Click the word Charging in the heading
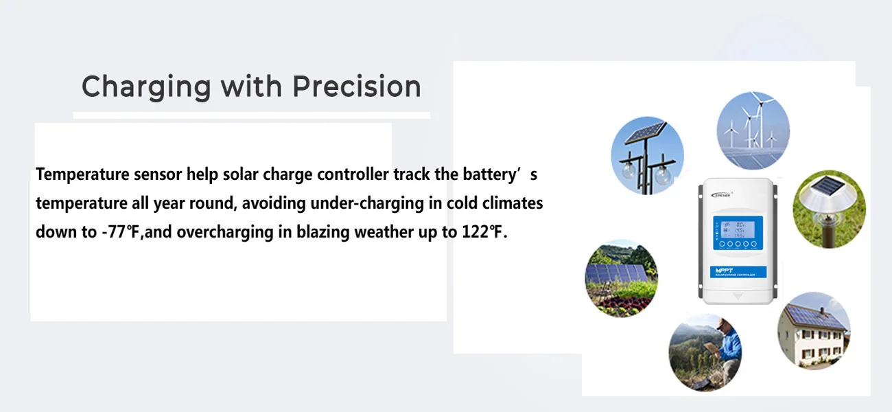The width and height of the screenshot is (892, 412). tap(146, 87)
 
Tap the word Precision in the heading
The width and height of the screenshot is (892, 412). tap(357, 86)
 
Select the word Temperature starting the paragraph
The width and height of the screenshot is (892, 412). tap(82, 175)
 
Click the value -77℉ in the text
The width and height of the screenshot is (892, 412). tap(121, 232)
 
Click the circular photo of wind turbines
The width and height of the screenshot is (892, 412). tap(753, 130)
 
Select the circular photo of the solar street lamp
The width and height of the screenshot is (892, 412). tap(648, 155)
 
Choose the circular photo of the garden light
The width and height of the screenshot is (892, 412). tap(829, 209)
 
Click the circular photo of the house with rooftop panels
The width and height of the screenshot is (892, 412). tap(814, 331)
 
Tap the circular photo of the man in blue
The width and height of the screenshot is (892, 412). tap(705, 352)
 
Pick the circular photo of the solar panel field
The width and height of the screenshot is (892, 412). tap(621, 279)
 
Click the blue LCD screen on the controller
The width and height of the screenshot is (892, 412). tap(738, 233)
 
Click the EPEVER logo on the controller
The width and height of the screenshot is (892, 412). tap(721, 195)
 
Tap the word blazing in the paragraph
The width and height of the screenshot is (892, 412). tap(322, 232)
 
